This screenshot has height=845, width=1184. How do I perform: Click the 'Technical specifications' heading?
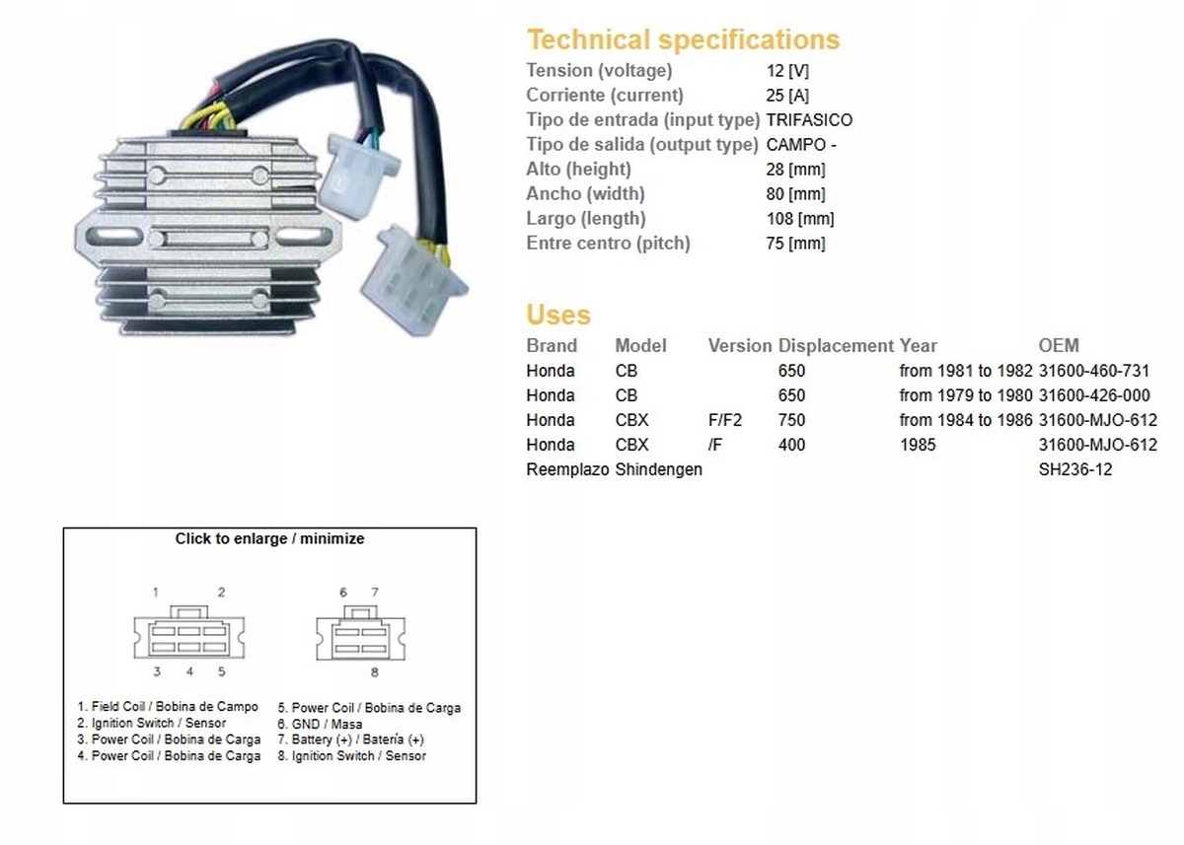coord(684,40)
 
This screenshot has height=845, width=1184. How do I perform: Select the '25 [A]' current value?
coord(787,96)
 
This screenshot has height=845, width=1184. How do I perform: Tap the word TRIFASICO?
coord(809,120)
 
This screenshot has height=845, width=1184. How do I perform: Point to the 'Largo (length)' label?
coord(586,219)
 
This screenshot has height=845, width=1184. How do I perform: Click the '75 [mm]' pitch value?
coord(795,244)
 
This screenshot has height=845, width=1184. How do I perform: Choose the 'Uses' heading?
coord(558,315)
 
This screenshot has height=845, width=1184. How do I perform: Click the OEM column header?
coord(1059,346)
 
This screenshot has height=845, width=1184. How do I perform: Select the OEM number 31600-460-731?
coord(1094,371)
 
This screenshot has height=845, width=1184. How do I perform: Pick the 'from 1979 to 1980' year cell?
coord(966,395)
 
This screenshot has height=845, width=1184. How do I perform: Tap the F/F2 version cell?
coord(724,420)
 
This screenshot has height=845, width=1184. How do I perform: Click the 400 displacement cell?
coord(791,445)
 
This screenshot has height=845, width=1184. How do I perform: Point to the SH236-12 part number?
coord(1075,469)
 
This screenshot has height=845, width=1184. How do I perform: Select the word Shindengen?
coord(659,469)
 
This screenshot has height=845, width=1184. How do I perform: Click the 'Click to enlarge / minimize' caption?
coord(269,538)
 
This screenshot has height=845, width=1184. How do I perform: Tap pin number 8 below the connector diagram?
coord(374,672)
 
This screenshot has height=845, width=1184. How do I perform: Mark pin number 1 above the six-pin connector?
coord(156,592)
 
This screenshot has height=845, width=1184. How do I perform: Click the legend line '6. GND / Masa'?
coord(320,724)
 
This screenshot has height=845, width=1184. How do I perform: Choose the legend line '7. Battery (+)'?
coord(351,739)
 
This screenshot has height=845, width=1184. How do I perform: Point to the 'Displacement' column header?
coord(836,346)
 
